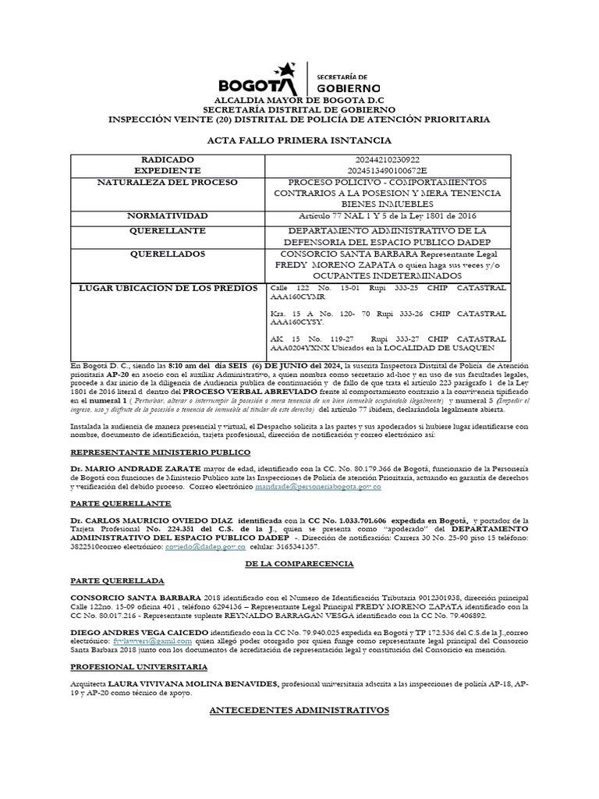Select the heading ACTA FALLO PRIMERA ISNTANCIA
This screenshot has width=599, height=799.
click(x=299, y=140)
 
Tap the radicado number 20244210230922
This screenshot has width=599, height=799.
click(x=386, y=159)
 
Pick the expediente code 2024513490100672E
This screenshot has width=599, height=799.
click(x=386, y=170)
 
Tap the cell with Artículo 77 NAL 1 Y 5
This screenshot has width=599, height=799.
click(x=386, y=215)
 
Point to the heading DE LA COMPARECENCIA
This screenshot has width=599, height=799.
click(x=299, y=563)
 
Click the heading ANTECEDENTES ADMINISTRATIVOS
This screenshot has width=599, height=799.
click(x=299, y=709)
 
